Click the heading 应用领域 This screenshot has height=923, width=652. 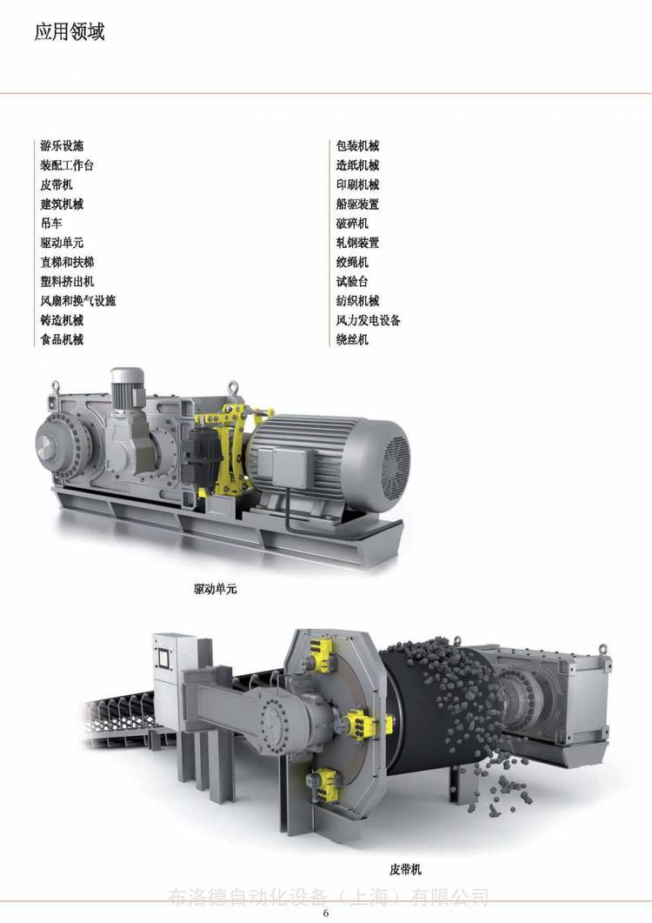click(70, 32)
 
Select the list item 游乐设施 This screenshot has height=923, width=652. click(62, 146)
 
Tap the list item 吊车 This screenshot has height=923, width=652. click(51, 224)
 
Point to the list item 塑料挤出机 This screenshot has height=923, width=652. click(67, 281)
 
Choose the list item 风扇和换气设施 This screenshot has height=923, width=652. click(78, 301)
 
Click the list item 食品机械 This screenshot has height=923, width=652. click(62, 339)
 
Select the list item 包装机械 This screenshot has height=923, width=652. click(358, 146)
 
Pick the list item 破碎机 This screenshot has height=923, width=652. click(352, 224)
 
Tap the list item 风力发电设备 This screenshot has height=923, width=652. click(369, 320)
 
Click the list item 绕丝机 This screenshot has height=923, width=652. click(352, 339)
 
